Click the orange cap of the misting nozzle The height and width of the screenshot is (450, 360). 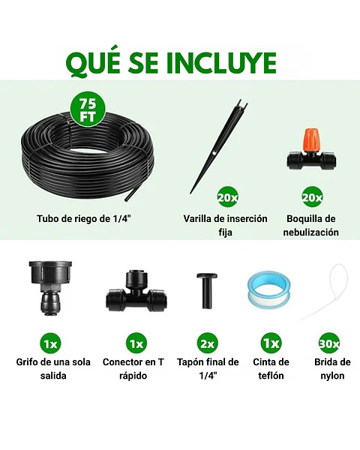point(310,140)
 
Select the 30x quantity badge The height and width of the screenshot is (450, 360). point(328,343)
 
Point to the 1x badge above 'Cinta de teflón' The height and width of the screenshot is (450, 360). point(271,343)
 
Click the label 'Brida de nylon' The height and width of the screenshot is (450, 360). point(328,368)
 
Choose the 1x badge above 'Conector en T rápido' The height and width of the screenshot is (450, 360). point(136,343)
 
